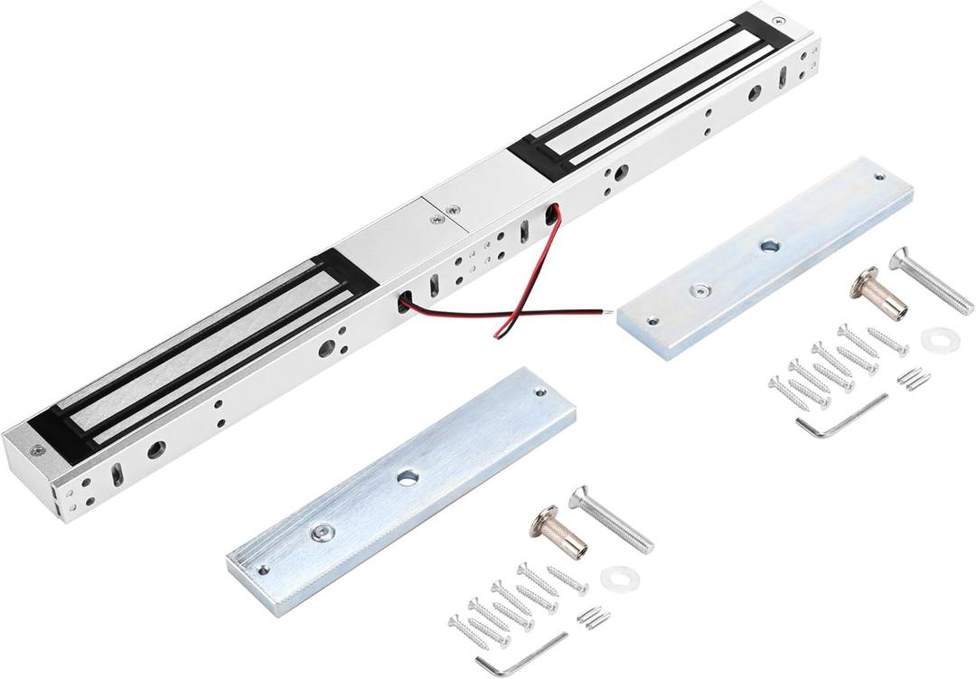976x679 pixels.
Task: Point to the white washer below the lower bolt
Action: click(616, 576)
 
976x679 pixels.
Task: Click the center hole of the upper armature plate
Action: click(769, 245)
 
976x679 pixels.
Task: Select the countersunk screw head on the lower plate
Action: click(320, 533)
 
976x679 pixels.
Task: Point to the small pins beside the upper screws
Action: click(914, 377)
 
